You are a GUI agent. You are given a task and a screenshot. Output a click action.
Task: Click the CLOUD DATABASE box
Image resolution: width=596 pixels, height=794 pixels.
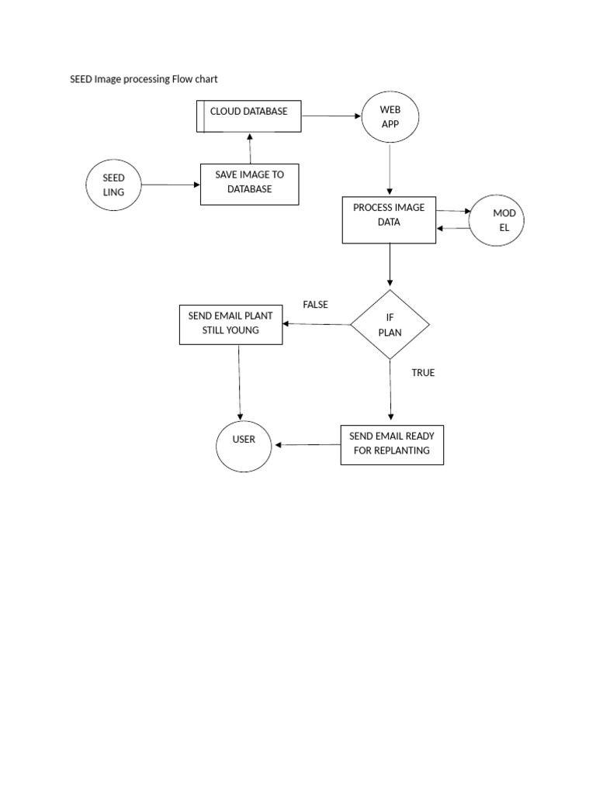pos(248,116)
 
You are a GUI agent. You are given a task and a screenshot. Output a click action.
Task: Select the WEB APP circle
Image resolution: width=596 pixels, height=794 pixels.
pos(390,117)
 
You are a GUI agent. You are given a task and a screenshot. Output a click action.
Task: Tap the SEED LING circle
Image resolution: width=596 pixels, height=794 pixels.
pos(114,185)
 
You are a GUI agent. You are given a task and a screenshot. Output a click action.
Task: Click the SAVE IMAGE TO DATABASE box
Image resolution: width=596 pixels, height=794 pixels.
pos(249,184)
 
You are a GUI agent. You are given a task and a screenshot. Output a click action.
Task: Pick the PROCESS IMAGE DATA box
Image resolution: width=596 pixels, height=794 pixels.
pos(389,219)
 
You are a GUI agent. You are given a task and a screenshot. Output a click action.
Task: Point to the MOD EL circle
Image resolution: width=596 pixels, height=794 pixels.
pos(497,220)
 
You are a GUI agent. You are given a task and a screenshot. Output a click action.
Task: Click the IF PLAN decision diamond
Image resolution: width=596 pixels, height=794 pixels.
pos(390,324)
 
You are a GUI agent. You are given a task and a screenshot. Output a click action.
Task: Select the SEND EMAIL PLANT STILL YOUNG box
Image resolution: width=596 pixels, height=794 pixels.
pos(230,324)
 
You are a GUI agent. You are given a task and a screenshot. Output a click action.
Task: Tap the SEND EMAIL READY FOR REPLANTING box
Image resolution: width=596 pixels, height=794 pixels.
pos(392,444)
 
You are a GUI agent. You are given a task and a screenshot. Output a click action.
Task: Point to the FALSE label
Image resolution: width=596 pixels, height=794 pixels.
pos(315,305)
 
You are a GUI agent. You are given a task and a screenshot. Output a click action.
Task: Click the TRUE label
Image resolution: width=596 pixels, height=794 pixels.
pos(423,373)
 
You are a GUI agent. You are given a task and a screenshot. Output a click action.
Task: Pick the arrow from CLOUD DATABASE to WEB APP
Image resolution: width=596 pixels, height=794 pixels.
pos(331,116)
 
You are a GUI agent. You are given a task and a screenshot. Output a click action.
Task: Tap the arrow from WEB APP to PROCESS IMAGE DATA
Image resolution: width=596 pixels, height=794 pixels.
pos(390,170)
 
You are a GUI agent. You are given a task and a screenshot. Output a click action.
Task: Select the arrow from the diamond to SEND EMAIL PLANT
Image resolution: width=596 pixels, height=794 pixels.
pos(317,323)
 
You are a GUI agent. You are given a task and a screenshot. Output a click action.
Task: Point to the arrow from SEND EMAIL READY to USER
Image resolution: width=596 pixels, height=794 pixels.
pos(308,444)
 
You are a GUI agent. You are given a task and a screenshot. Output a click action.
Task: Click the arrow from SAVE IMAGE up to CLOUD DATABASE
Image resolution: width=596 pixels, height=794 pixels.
pos(249,148)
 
